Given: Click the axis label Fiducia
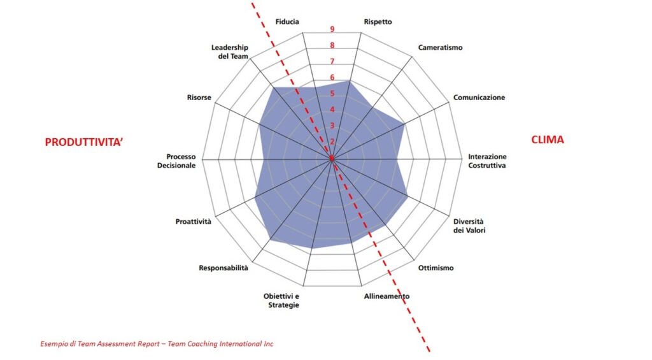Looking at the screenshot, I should (287, 22).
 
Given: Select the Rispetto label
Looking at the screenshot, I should (378, 22).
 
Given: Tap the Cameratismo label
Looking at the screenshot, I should (441, 48).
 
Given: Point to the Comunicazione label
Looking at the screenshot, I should (479, 97).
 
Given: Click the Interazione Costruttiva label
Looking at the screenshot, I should (487, 161).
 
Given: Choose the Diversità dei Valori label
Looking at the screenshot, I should (469, 226).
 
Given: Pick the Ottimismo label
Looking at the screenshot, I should (436, 268).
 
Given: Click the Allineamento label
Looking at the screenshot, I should (386, 296).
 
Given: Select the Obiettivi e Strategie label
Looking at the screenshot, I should (281, 301).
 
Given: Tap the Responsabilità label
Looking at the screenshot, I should (223, 268).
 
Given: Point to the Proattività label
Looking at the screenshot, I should (194, 222).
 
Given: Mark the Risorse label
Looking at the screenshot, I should (199, 97).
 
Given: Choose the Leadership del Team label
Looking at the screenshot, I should (229, 52).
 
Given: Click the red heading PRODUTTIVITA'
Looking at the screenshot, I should (83, 143).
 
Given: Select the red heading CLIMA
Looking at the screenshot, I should (548, 140).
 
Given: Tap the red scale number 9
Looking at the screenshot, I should (332, 29).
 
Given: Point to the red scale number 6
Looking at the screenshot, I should (332, 78).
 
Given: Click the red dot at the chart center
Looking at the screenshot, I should (331, 157).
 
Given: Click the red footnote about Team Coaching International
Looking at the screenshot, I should (157, 344).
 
